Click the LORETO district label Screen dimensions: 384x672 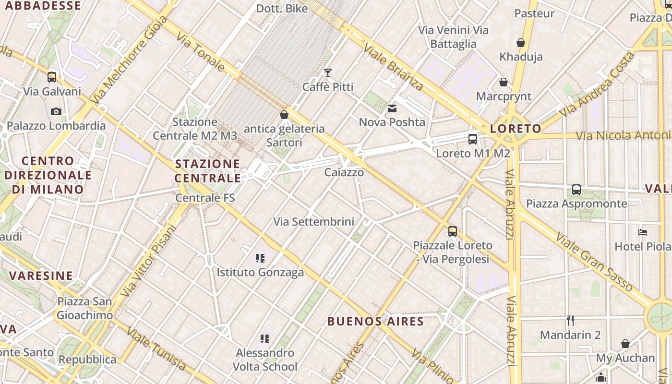[516, 129]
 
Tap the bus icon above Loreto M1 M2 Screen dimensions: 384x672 [473, 139]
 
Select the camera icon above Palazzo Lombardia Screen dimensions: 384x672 [56, 111]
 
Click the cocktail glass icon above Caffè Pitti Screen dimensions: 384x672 [328, 73]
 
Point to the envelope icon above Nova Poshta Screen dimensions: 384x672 [392, 108]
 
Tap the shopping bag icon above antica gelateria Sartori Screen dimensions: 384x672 [284, 115]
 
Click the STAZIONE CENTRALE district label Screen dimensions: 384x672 [208, 171]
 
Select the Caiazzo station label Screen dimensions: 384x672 [344, 172]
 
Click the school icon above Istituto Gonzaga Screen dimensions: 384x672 [260, 258]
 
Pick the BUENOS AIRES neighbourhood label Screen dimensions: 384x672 [376, 321]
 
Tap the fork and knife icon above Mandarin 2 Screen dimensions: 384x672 [570, 320]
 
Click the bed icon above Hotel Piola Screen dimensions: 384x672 [643, 232]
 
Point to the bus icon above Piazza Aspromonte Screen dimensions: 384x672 [576, 190]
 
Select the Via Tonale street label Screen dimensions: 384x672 [201, 52]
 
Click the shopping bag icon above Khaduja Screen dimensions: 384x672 [521, 43]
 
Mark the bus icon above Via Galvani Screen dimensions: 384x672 [52, 77]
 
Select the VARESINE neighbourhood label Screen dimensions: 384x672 [41, 276]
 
